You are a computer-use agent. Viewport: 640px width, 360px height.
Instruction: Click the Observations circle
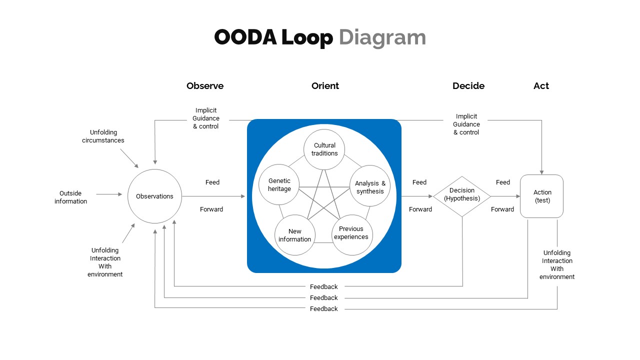coord(154,196)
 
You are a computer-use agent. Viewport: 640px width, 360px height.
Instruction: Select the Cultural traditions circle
coord(324,149)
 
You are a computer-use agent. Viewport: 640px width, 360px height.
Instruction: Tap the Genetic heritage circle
coord(279,184)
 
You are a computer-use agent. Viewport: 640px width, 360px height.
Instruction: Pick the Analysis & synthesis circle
coord(370,187)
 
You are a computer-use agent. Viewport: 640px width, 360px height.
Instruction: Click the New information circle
coord(295,235)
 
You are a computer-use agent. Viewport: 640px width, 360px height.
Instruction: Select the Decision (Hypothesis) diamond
coord(462,196)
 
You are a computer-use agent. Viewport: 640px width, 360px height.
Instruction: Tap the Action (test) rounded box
coord(542,196)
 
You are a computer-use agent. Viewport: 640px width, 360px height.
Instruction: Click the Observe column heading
coord(205,86)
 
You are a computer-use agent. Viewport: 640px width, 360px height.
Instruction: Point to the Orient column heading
coord(325,86)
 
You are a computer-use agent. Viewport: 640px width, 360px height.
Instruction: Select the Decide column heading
coord(468,86)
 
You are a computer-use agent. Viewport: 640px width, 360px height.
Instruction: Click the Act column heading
coord(541,86)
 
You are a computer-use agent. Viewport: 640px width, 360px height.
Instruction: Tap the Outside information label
coord(70,197)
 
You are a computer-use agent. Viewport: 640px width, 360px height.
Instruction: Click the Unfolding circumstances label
coord(103,136)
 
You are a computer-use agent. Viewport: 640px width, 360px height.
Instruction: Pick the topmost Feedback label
coord(324,287)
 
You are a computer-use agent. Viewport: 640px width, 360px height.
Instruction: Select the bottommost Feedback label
coord(324,309)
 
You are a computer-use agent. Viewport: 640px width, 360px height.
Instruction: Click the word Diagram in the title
coord(382,37)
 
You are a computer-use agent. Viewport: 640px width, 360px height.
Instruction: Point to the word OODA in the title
coord(245,37)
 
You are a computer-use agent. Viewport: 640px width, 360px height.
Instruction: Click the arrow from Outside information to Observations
coord(109,194)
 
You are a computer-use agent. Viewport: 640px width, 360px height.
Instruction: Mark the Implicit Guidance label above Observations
coord(206,118)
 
